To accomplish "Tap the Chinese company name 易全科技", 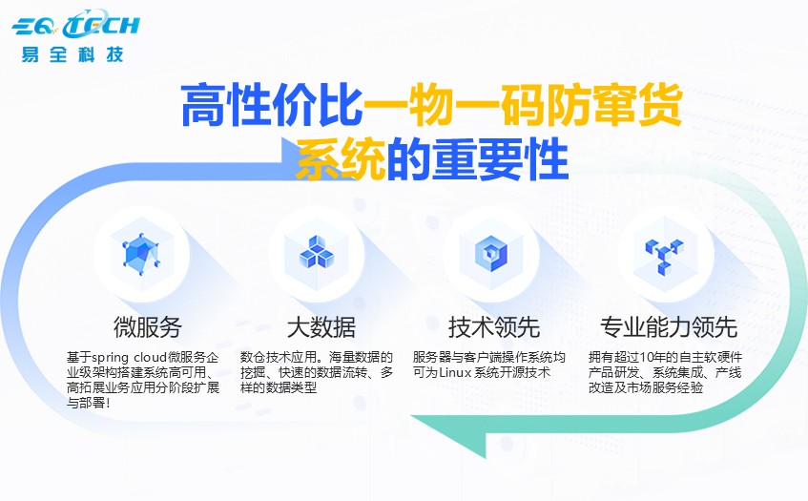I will tap(73, 52).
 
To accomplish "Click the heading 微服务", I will tap(148, 326).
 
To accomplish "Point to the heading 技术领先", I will tap(494, 326).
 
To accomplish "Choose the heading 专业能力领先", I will tap(668, 326).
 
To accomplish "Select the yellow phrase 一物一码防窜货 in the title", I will tap(523, 107).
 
